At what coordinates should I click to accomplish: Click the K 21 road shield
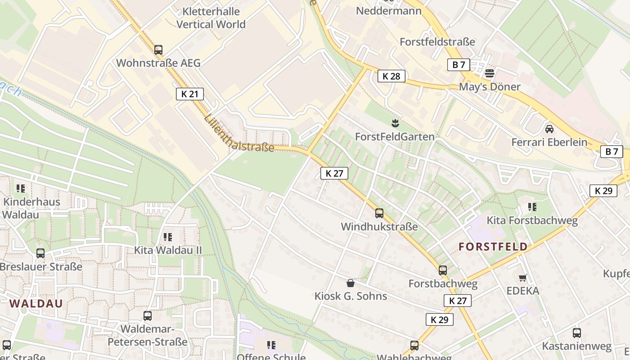click(x=189, y=94)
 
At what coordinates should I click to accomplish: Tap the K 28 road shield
click(x=391, y=76)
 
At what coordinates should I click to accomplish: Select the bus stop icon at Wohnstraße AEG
click(x=158, y=50)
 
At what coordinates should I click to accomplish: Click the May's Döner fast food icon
click(x=490, y=73)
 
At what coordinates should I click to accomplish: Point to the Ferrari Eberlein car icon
click(x=549, y=129)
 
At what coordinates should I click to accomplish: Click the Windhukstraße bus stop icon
click(x=379, y=213)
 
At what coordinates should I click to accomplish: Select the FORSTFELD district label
click(x=493, y=247)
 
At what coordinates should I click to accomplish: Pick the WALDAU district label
click(x=36, y=303)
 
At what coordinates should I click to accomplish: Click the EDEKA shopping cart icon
click(x=522, y=278)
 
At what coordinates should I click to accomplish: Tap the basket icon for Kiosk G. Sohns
click(x=351, y=283)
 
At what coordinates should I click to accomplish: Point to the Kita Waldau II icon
click(x=168, y=237)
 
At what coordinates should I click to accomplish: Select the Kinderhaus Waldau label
click(x=31, y=207)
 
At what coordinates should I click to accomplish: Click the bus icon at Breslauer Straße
click(x=40, y=253)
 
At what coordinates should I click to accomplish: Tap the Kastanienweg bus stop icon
click(x=576, y=333)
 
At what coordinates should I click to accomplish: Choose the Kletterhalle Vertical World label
click(x=211, y=18)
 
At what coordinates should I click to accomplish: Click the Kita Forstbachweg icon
click(x=532, y=207)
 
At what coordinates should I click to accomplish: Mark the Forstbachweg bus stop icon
click(x=443, y=270)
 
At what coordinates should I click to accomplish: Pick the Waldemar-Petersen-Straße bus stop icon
click(x=148, y=316)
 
